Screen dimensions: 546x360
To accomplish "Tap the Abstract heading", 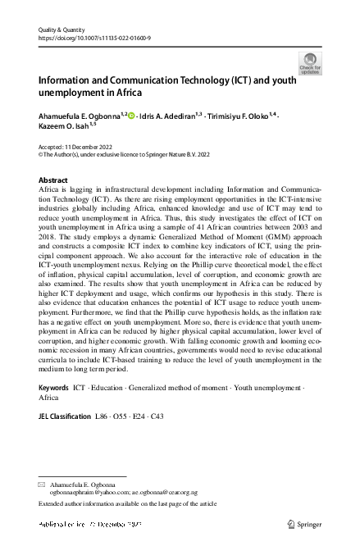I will pyautogui.click(x=54, y=180).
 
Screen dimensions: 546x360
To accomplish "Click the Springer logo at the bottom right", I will pyautogui.click(x=308, y=521).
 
